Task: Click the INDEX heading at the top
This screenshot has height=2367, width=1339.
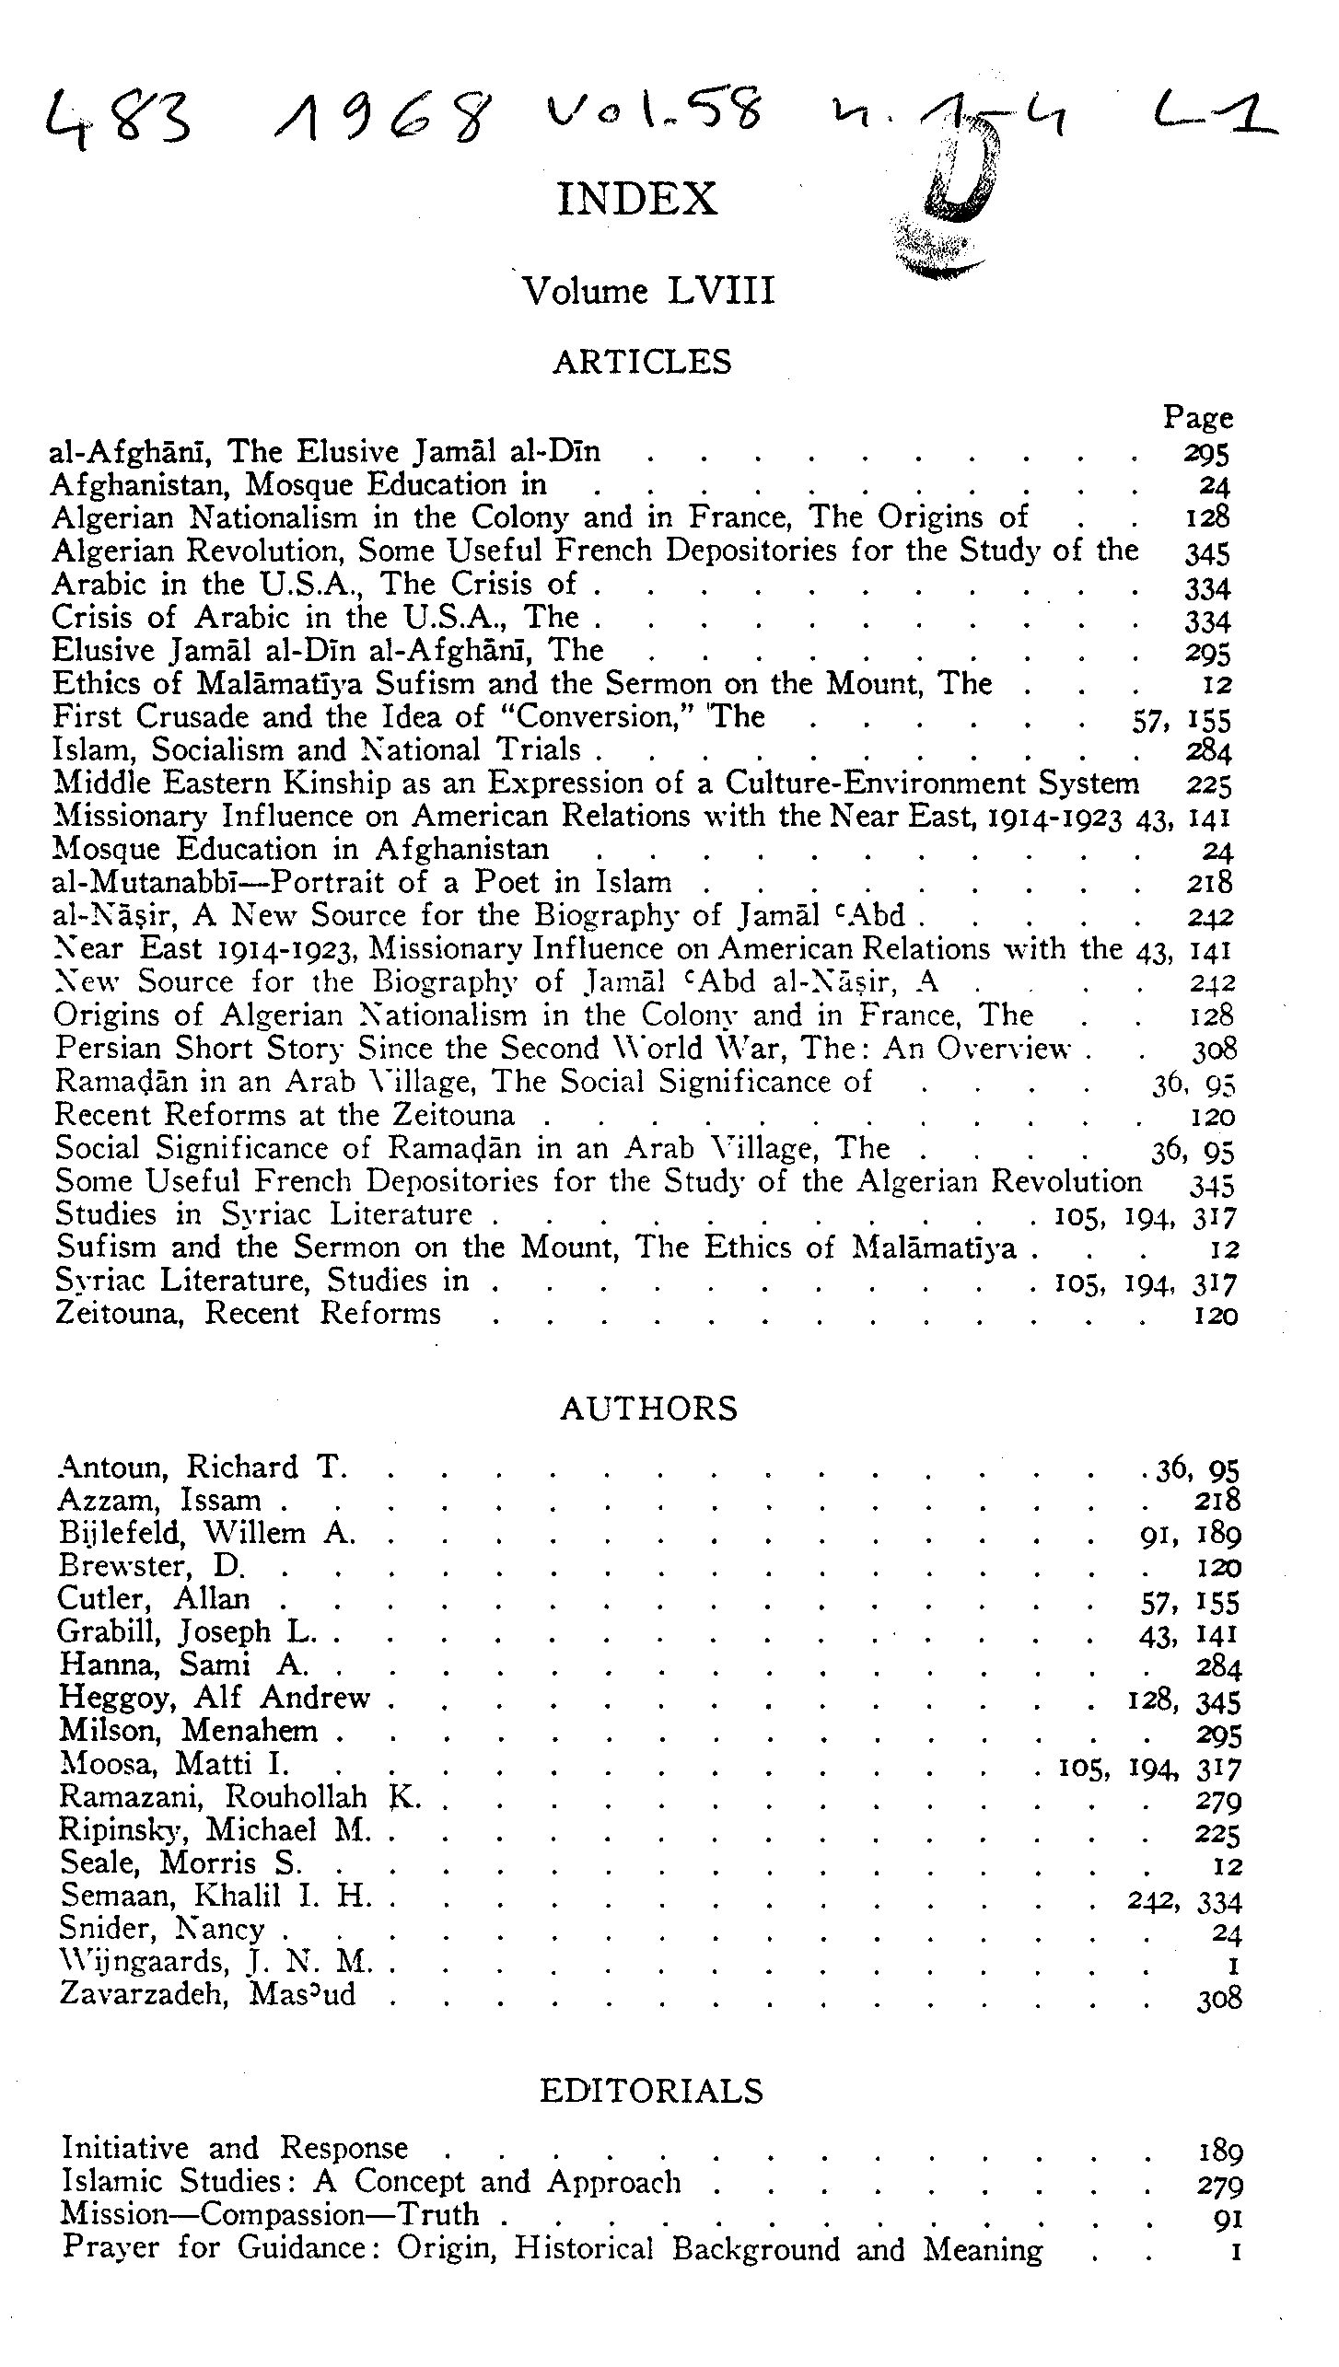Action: pos(637,199)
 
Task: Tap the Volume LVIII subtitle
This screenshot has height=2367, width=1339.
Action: pos(648,291)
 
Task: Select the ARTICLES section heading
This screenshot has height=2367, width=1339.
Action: pos(642,362)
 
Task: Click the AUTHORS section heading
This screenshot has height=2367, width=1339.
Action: pos(648,1410)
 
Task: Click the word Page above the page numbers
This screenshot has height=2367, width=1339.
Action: pos(1197,418)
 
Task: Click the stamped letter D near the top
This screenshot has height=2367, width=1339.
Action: pos(962,175)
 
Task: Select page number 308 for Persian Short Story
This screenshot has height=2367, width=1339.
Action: pos(1215,1049)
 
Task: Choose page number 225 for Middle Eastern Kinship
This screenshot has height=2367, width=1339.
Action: pos(1208,784)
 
